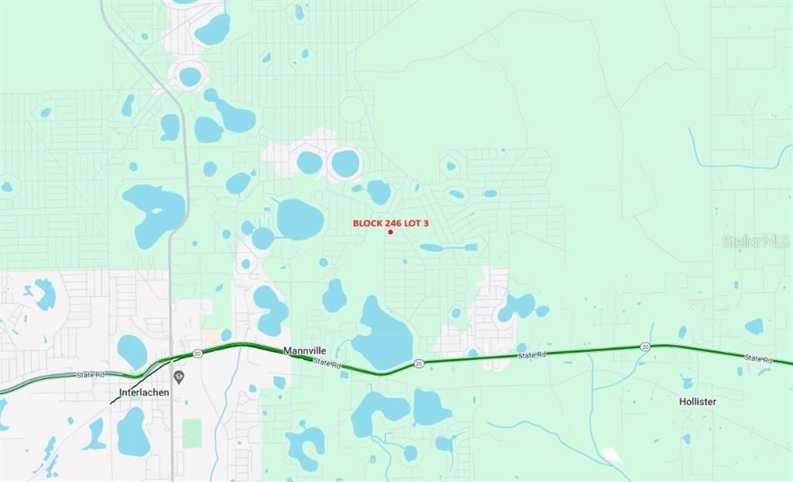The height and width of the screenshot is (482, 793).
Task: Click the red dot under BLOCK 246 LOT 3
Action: (x=390, y=232)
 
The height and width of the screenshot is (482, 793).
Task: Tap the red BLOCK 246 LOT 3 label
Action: (x=390, y=222)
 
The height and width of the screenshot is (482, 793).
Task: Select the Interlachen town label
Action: (x=144, y=392)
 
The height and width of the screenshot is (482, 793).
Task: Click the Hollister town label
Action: (x=697, y=401)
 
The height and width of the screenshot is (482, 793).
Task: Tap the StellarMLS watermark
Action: (x=756, y=241)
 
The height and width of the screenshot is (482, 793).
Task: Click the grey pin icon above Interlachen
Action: (x=179, y=377)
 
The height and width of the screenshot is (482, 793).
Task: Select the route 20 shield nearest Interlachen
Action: (x=197, y=353)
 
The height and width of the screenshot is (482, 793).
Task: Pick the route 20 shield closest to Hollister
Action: (x=644, y=347)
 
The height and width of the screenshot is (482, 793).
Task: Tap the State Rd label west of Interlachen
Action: (x=91, y=375)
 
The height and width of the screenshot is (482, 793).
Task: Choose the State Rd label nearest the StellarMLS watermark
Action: (x=758, y=359)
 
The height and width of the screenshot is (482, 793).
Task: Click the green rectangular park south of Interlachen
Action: (x=191, y=432)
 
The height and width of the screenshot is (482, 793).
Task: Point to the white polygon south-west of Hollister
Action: (x=612, y=456)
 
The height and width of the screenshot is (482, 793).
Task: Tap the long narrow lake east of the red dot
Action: (x=448, y=247)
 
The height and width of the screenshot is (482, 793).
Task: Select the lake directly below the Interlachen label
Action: (x=132, y=432)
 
